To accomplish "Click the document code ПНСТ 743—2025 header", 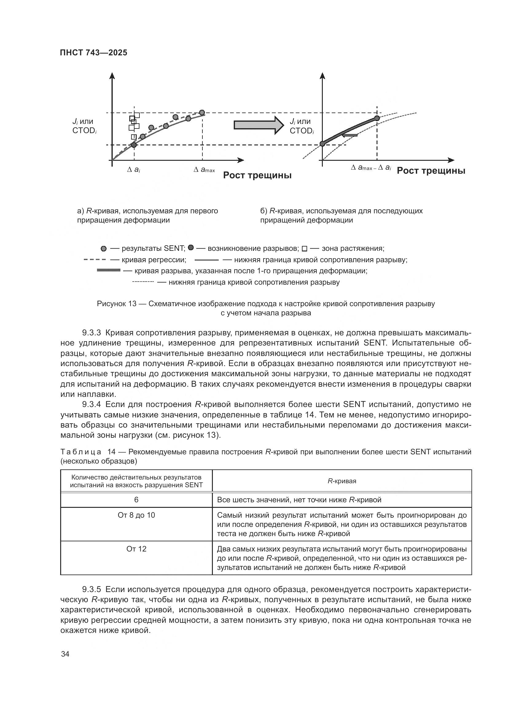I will point(94,53).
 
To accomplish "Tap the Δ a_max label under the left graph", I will point(204,170).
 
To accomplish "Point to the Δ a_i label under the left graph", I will point(134,170).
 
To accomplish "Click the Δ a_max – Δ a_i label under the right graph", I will point(371,168).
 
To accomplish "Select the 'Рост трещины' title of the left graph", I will point(257,175).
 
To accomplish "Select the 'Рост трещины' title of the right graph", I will point(431,171).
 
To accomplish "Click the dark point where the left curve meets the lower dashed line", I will point(134,145).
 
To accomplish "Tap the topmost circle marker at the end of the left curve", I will point(202,113).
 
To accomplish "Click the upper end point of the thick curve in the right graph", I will point(377,118).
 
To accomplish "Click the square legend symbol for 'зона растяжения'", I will point(305,249).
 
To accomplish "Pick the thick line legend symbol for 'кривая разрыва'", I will point(108,270).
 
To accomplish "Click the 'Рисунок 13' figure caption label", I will point(116,304).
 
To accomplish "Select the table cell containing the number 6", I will point(136,500).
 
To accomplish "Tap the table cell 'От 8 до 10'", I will point(136,515).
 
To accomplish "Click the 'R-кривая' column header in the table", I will point(342,481).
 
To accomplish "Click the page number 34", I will point(65,654).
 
